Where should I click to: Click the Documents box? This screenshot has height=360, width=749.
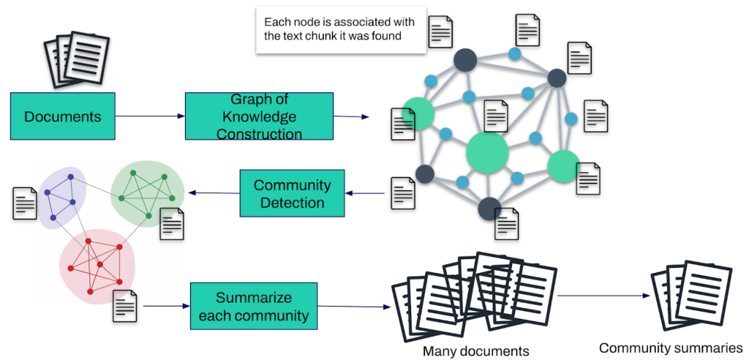tap(63, 116)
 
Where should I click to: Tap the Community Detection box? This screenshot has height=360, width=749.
tap(292, 193)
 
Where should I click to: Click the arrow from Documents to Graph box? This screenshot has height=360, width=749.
tap(150, 116)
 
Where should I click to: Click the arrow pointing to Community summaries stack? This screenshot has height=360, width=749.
tap(603, 296)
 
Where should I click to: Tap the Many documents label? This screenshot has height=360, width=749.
tap(475, 351)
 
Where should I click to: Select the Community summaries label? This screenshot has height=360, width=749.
tap(671, 348)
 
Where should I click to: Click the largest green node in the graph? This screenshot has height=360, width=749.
tap(487, 153)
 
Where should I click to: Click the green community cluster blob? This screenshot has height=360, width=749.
tap(146, 190)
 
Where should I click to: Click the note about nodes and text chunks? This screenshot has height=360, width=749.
tap(340, 29)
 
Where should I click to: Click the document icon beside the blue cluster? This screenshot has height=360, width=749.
tap(25, 203)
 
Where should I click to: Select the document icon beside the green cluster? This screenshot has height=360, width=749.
tap(172, 223)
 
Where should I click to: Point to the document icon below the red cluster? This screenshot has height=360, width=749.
tap(125, 305)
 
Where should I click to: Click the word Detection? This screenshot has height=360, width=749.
tap(293, 203)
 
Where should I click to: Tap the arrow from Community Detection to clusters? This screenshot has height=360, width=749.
tap(214, 193)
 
